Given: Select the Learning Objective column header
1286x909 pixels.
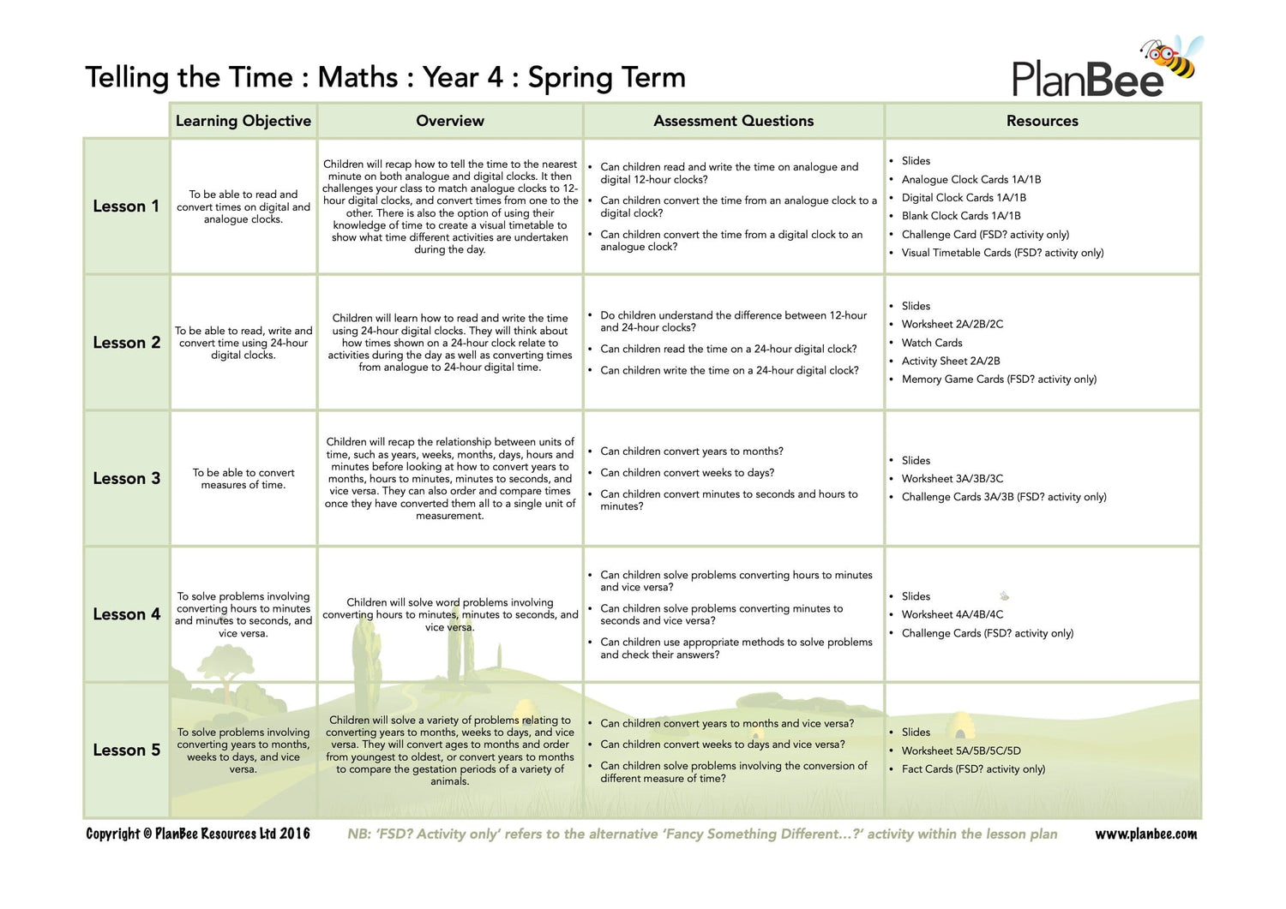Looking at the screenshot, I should [x=243, y=121].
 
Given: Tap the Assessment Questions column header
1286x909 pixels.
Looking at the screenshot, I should [x=733, y=121].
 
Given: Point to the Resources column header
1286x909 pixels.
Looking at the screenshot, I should [x=1042, y=121].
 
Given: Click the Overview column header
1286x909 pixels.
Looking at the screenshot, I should [x=450, y=121].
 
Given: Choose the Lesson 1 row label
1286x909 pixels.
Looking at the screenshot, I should [x=126, y=206].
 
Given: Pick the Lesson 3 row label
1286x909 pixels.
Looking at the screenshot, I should [x=126, y=478].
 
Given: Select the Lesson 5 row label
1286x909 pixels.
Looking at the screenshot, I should [x=126, y=750].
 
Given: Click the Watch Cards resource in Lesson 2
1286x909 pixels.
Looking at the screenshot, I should [x=931, y=343].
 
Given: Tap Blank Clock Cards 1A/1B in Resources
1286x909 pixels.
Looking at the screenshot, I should [x=960, y=216].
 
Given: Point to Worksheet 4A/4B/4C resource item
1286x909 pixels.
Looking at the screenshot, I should [x=952, y=614].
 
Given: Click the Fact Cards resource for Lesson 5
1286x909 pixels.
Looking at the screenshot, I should [x=973, y=769].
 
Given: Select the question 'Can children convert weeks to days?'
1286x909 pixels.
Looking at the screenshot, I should [x=687, y=473].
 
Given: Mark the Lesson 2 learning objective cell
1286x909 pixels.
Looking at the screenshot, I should [x=243, y=343].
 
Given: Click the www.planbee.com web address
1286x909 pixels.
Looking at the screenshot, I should [x=1145, y=834].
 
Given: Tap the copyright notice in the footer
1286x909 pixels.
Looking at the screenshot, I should [x=198, y=834].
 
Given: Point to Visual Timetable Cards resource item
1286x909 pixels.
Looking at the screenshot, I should [x=1002, y=253].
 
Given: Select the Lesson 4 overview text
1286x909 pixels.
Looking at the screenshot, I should [x=450, y=614].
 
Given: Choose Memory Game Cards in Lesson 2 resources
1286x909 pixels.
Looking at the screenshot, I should [x=999, y=380].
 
